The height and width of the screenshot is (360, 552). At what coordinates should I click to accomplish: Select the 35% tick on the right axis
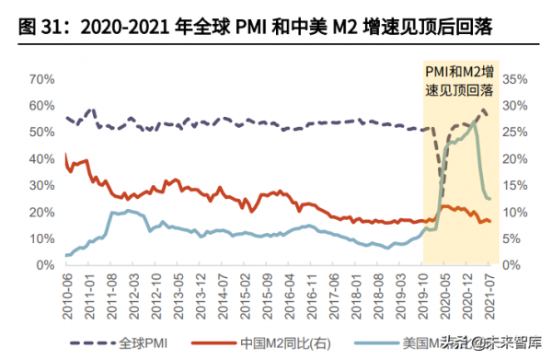[512, 79]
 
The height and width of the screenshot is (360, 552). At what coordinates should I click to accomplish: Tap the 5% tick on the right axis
[509, 238]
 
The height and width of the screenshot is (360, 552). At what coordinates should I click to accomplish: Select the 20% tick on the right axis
[512, 159]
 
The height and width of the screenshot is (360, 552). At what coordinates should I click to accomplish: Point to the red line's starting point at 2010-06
[65, 155]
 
